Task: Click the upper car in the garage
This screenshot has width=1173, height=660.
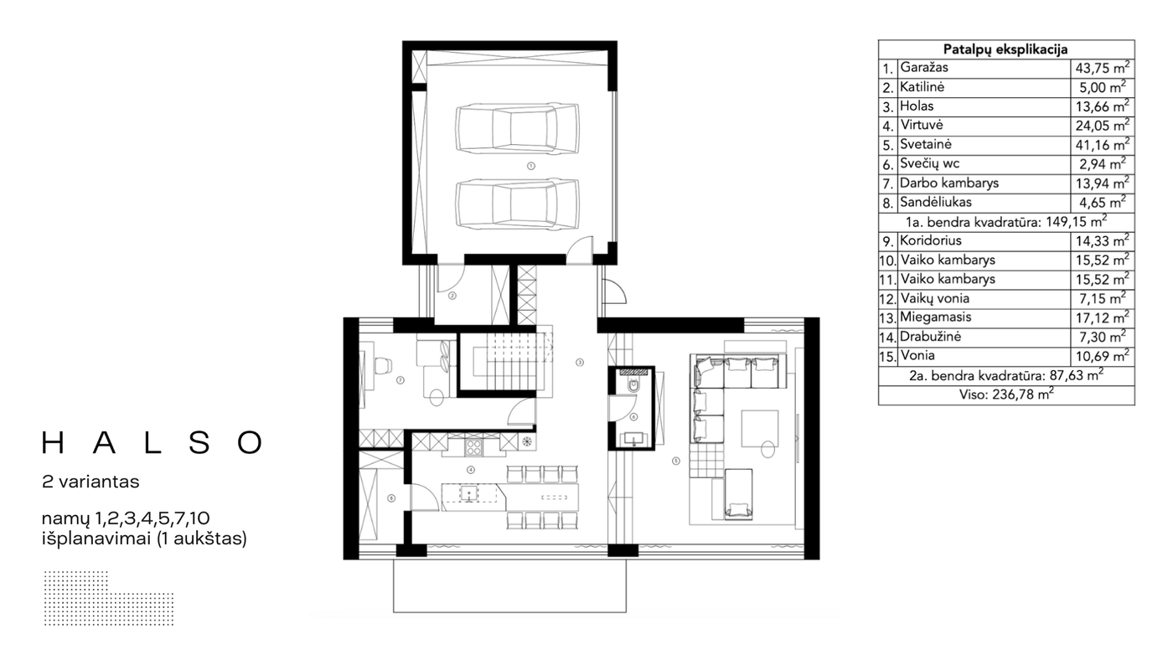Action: pos(518,128)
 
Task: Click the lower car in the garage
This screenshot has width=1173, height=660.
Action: pos(518,204)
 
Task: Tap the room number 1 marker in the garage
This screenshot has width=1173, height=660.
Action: pos(531,166)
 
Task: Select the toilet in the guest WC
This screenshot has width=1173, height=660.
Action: pos(633,386)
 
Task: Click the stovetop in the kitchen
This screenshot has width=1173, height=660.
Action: pos(474,446)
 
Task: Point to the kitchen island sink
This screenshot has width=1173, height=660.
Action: pos(469,493)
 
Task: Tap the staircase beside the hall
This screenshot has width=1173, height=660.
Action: pos(512,362)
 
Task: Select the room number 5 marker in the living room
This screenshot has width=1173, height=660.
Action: pos(676,461)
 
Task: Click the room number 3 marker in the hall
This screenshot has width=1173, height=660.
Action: pos(580,362)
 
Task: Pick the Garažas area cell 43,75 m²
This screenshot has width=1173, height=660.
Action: pos(1103,68)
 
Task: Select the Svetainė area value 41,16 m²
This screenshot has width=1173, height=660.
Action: pos(1103,144)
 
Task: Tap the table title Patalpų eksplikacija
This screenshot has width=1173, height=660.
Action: pos(1005,49)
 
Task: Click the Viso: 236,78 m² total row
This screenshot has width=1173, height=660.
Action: pos(1006,394)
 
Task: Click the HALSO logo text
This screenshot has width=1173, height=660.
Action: pos(152,442)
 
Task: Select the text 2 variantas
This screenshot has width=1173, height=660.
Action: pos(90,482)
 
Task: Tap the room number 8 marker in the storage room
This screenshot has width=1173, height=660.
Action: pos(391,498)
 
